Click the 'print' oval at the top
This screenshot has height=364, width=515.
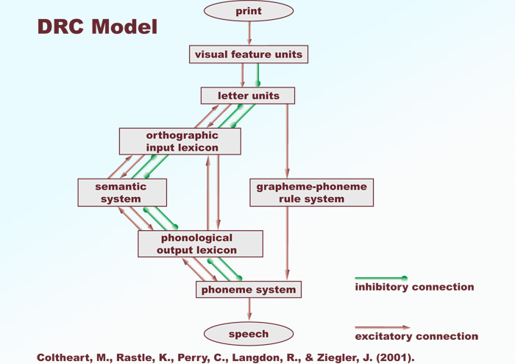click(249, 11)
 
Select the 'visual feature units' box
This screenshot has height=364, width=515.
click(248, 54)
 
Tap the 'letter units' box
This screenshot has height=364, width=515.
click(248, 96)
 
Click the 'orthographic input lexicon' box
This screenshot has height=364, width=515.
click(180, 141)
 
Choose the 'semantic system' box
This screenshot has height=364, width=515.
click(121, 192)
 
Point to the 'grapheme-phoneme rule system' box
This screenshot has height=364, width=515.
click(310, 192)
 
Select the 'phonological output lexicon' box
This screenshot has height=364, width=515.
click(200, 243)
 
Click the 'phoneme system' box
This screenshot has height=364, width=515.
click(249, 289)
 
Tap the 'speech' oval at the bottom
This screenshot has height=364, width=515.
click(249, 333)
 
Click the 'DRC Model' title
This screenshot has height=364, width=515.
click(97, 27)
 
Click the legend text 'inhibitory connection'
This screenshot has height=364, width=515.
click(414, 288)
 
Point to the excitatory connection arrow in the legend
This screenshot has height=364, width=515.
click(382, 327)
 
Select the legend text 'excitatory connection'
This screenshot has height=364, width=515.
click(416, 337)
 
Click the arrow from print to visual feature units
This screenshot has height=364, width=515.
click(249, 33)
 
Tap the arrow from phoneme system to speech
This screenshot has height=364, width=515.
click(249, 310)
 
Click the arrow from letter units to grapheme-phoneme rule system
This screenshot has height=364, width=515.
click(288, 140)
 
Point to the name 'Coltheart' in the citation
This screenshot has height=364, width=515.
click(63, 357)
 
